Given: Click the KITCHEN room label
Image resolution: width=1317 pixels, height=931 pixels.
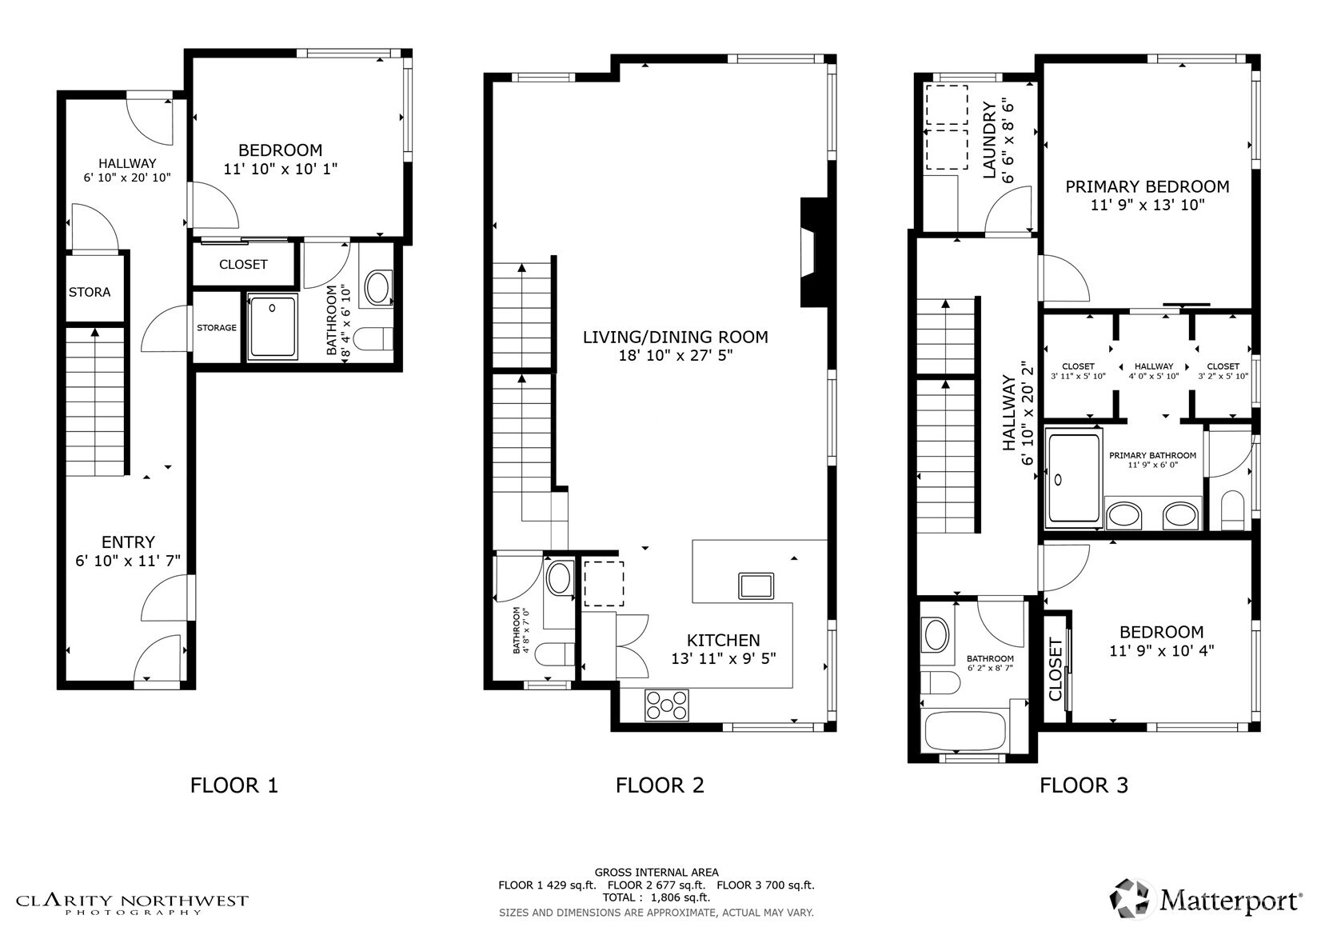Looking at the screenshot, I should [x=723, y=640].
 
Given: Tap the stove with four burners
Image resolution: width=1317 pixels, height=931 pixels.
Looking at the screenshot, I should [x=666, y=705].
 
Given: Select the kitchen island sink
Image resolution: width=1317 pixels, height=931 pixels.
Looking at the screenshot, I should [x=756, y=585].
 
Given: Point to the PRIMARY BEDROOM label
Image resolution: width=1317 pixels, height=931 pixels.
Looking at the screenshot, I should [x=1147, y=186].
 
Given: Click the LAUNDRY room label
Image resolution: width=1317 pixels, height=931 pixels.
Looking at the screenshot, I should [x=988, y=140].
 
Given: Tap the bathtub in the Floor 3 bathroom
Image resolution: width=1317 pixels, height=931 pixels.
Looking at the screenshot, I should [x=964, y=730].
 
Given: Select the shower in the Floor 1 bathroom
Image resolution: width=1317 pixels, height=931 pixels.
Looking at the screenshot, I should [x=273, y=326].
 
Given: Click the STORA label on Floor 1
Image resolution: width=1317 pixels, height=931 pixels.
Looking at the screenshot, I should [x=90, y=292].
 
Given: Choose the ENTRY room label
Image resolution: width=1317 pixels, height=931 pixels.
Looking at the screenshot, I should [x=128, y=541].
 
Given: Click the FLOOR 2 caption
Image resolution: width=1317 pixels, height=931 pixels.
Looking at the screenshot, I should [x=660, y=785].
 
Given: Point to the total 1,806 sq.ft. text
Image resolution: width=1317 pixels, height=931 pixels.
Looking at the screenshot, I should [x=656, y=897].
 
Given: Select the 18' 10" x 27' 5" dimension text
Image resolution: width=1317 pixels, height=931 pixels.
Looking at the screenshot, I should [x=676, y=356].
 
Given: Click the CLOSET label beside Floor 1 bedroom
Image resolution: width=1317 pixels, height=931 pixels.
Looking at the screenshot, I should [x=243, y=264].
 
